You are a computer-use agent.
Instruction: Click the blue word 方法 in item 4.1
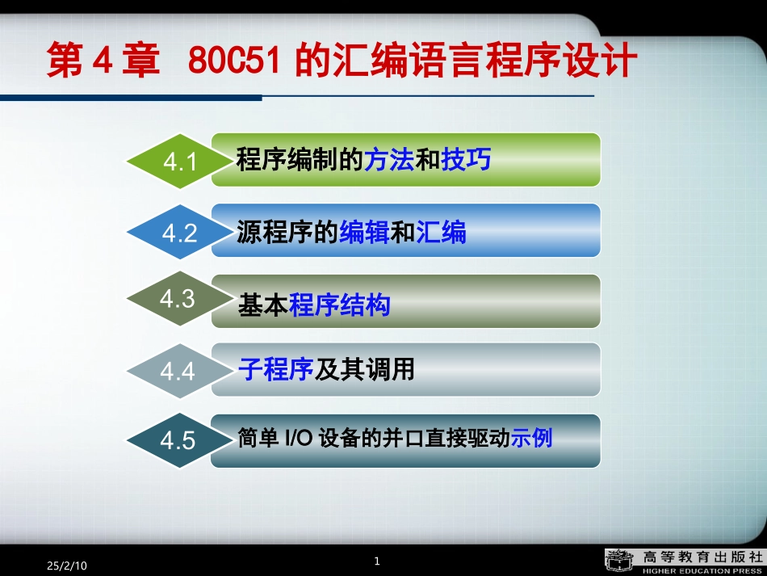[388, 160]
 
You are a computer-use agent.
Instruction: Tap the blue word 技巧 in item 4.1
[466, 160]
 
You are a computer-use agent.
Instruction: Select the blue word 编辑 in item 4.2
[364, 233]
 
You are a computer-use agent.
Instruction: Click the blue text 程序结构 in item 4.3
[340, 305]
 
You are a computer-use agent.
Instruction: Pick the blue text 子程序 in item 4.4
[275, 370]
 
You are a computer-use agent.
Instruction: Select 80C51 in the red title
[235, 61]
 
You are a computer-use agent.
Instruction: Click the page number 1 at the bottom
[378, 561]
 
